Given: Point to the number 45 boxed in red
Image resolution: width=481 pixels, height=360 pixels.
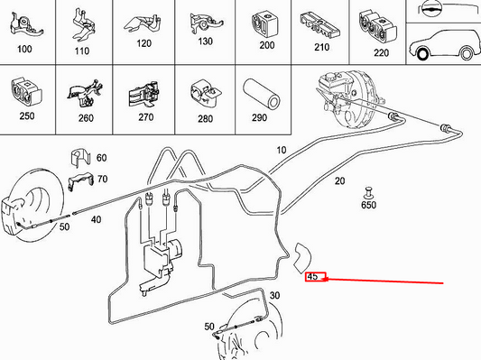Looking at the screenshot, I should pos(313,277).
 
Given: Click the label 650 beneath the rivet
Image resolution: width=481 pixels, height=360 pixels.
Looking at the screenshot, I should pos(369,206).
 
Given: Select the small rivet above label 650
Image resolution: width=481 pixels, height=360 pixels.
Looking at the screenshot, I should pos(368,191).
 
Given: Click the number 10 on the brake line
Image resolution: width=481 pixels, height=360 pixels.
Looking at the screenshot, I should pos(280,150).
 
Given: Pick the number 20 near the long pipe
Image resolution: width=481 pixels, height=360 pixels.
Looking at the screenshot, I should pos(339,181).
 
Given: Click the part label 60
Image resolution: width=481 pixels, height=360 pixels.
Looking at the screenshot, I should pos(101,158).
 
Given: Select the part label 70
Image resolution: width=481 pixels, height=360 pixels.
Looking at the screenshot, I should pos(101,179).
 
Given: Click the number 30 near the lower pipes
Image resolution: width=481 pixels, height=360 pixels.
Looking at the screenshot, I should pos(274,296).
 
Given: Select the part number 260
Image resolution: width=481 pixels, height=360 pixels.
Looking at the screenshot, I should pos(86,117).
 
